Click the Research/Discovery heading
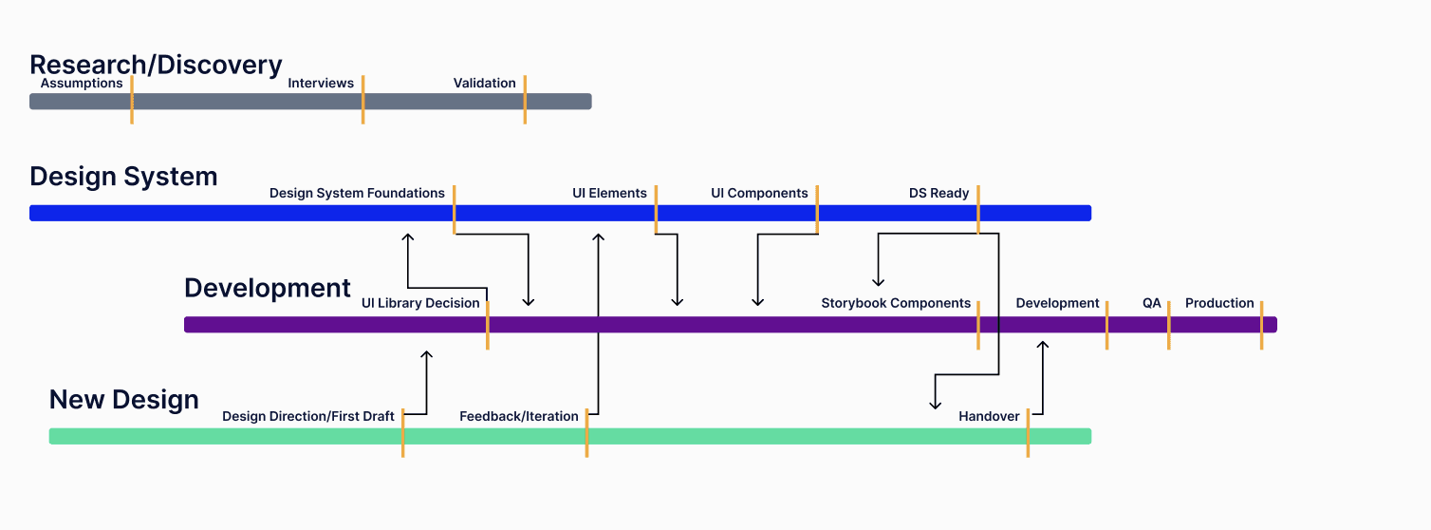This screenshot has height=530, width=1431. tap(156, 65)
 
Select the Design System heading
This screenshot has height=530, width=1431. tap(123, 177)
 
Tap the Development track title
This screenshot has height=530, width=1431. tap(267, 288)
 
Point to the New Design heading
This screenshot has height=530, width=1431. tap(123, 399)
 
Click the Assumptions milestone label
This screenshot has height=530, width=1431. tap(82, 84)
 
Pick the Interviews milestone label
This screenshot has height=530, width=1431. tap(321, 84)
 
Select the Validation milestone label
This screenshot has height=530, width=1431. tap(484, 84)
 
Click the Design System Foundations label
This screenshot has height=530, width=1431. tap(357, 194)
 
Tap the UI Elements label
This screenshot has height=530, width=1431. tap(609, 194)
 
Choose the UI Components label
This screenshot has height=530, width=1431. tap(759, 194)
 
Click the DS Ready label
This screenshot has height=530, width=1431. tap(939, 194)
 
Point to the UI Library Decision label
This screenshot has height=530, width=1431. tap(420, 304)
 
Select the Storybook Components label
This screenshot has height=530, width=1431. tap(896, 304)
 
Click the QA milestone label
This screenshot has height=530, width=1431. tap(1151, 304)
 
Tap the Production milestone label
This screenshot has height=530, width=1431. tap(1219, 304)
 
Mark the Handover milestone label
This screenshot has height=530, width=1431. tap(989, 417)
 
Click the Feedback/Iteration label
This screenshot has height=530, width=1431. tap(519, 417)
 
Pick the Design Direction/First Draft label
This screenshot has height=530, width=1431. tap(308, 417)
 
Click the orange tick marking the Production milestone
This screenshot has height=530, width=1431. tap(1261, 325)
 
